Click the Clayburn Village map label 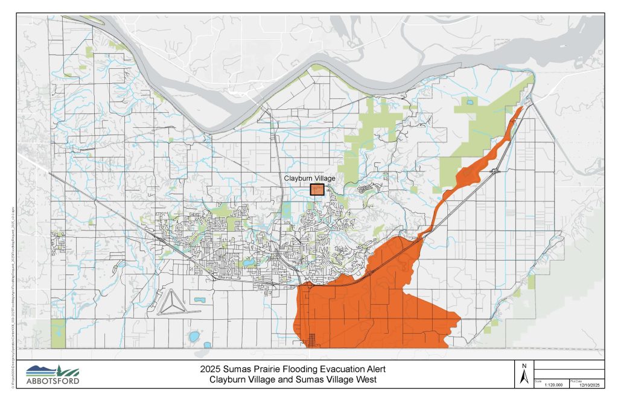[x=309, y=179]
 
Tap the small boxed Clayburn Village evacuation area [x=317, y=189]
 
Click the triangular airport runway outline [x=171, y=301]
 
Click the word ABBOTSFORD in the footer [x=53, y=381]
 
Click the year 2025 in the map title [x=211, y=369]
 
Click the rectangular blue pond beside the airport [x=199, y=299]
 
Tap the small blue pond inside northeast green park [x=468, y=102]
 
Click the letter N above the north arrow [x=524, y=366]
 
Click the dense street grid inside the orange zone [x=312, y=340]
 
